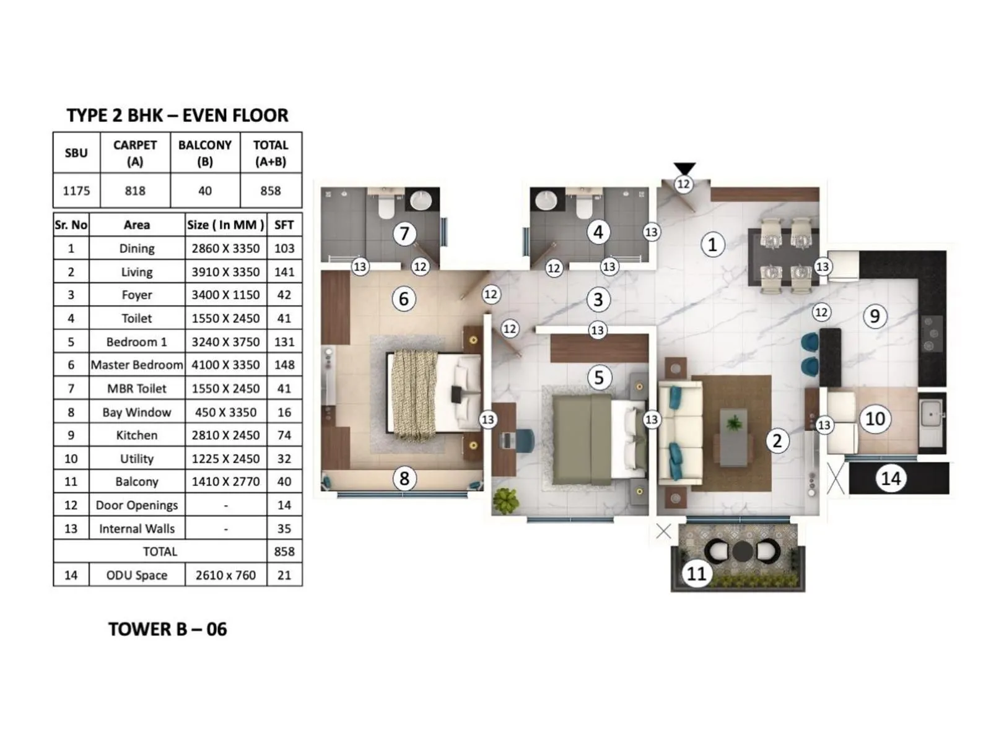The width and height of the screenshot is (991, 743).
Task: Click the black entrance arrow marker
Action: pyautogui.click(x=684, y=168)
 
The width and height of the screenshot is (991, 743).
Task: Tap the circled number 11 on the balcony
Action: pyautogui.click(x=696, y=573)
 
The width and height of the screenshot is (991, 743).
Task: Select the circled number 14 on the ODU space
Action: pyautogui.click(x=891, y=478)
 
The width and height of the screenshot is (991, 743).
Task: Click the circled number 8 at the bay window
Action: pyautogui.click(x=404, y=478)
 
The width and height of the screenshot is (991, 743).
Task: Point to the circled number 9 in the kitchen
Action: pyautogui.click(x=875, y=316)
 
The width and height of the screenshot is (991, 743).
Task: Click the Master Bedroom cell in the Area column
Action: pyautogui.click(x=136, y=365)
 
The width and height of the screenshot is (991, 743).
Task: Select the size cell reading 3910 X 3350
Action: pyautogui.click(x=225, y=272)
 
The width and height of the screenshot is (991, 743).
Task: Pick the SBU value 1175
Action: pyautogui.click(x=76, y=191)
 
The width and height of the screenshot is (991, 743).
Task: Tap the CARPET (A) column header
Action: pyautogui.click(x=134, y=153)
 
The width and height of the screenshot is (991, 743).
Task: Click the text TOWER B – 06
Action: pyautogui.click(x=167, y=629)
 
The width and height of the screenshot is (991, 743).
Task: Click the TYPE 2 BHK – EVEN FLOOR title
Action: pyautogui.click(x=177, y=115)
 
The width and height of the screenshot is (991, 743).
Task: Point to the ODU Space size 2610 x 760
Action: pyautogui.click(x=225, y=575)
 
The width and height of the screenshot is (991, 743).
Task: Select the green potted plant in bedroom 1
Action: pyautogui.click(x=506, y=500)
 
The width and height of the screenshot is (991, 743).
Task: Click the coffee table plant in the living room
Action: pyautogui.click(x=734, y=424)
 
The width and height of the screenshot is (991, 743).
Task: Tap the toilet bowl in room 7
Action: pyautogui.click(x=386, y=207)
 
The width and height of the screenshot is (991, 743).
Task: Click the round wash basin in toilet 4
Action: pyautogui.click(x=546, y=200)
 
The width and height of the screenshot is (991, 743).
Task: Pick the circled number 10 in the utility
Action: pyautogui.click(x=875, y=419)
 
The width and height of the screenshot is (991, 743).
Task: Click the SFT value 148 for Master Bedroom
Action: pyautogui.click(x=284, y=365)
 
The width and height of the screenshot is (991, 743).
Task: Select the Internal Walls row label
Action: pyautogui.click(x=136, y=529)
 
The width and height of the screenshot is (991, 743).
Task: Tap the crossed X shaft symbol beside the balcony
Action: pyautogui.click(x=663, y=531)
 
